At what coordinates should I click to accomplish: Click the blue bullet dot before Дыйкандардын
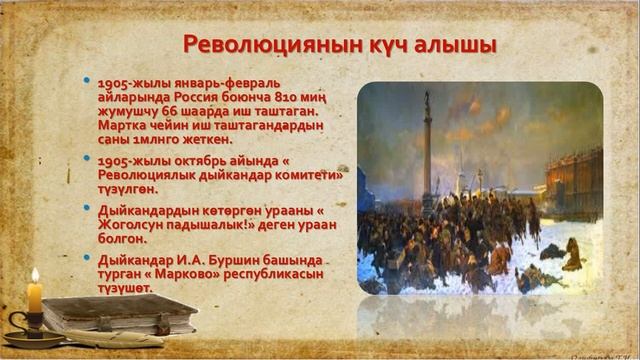[x=88, y=206]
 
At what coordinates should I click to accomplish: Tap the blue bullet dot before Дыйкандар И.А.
[x=88, y=257]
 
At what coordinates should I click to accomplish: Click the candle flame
[x=35, y=274]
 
